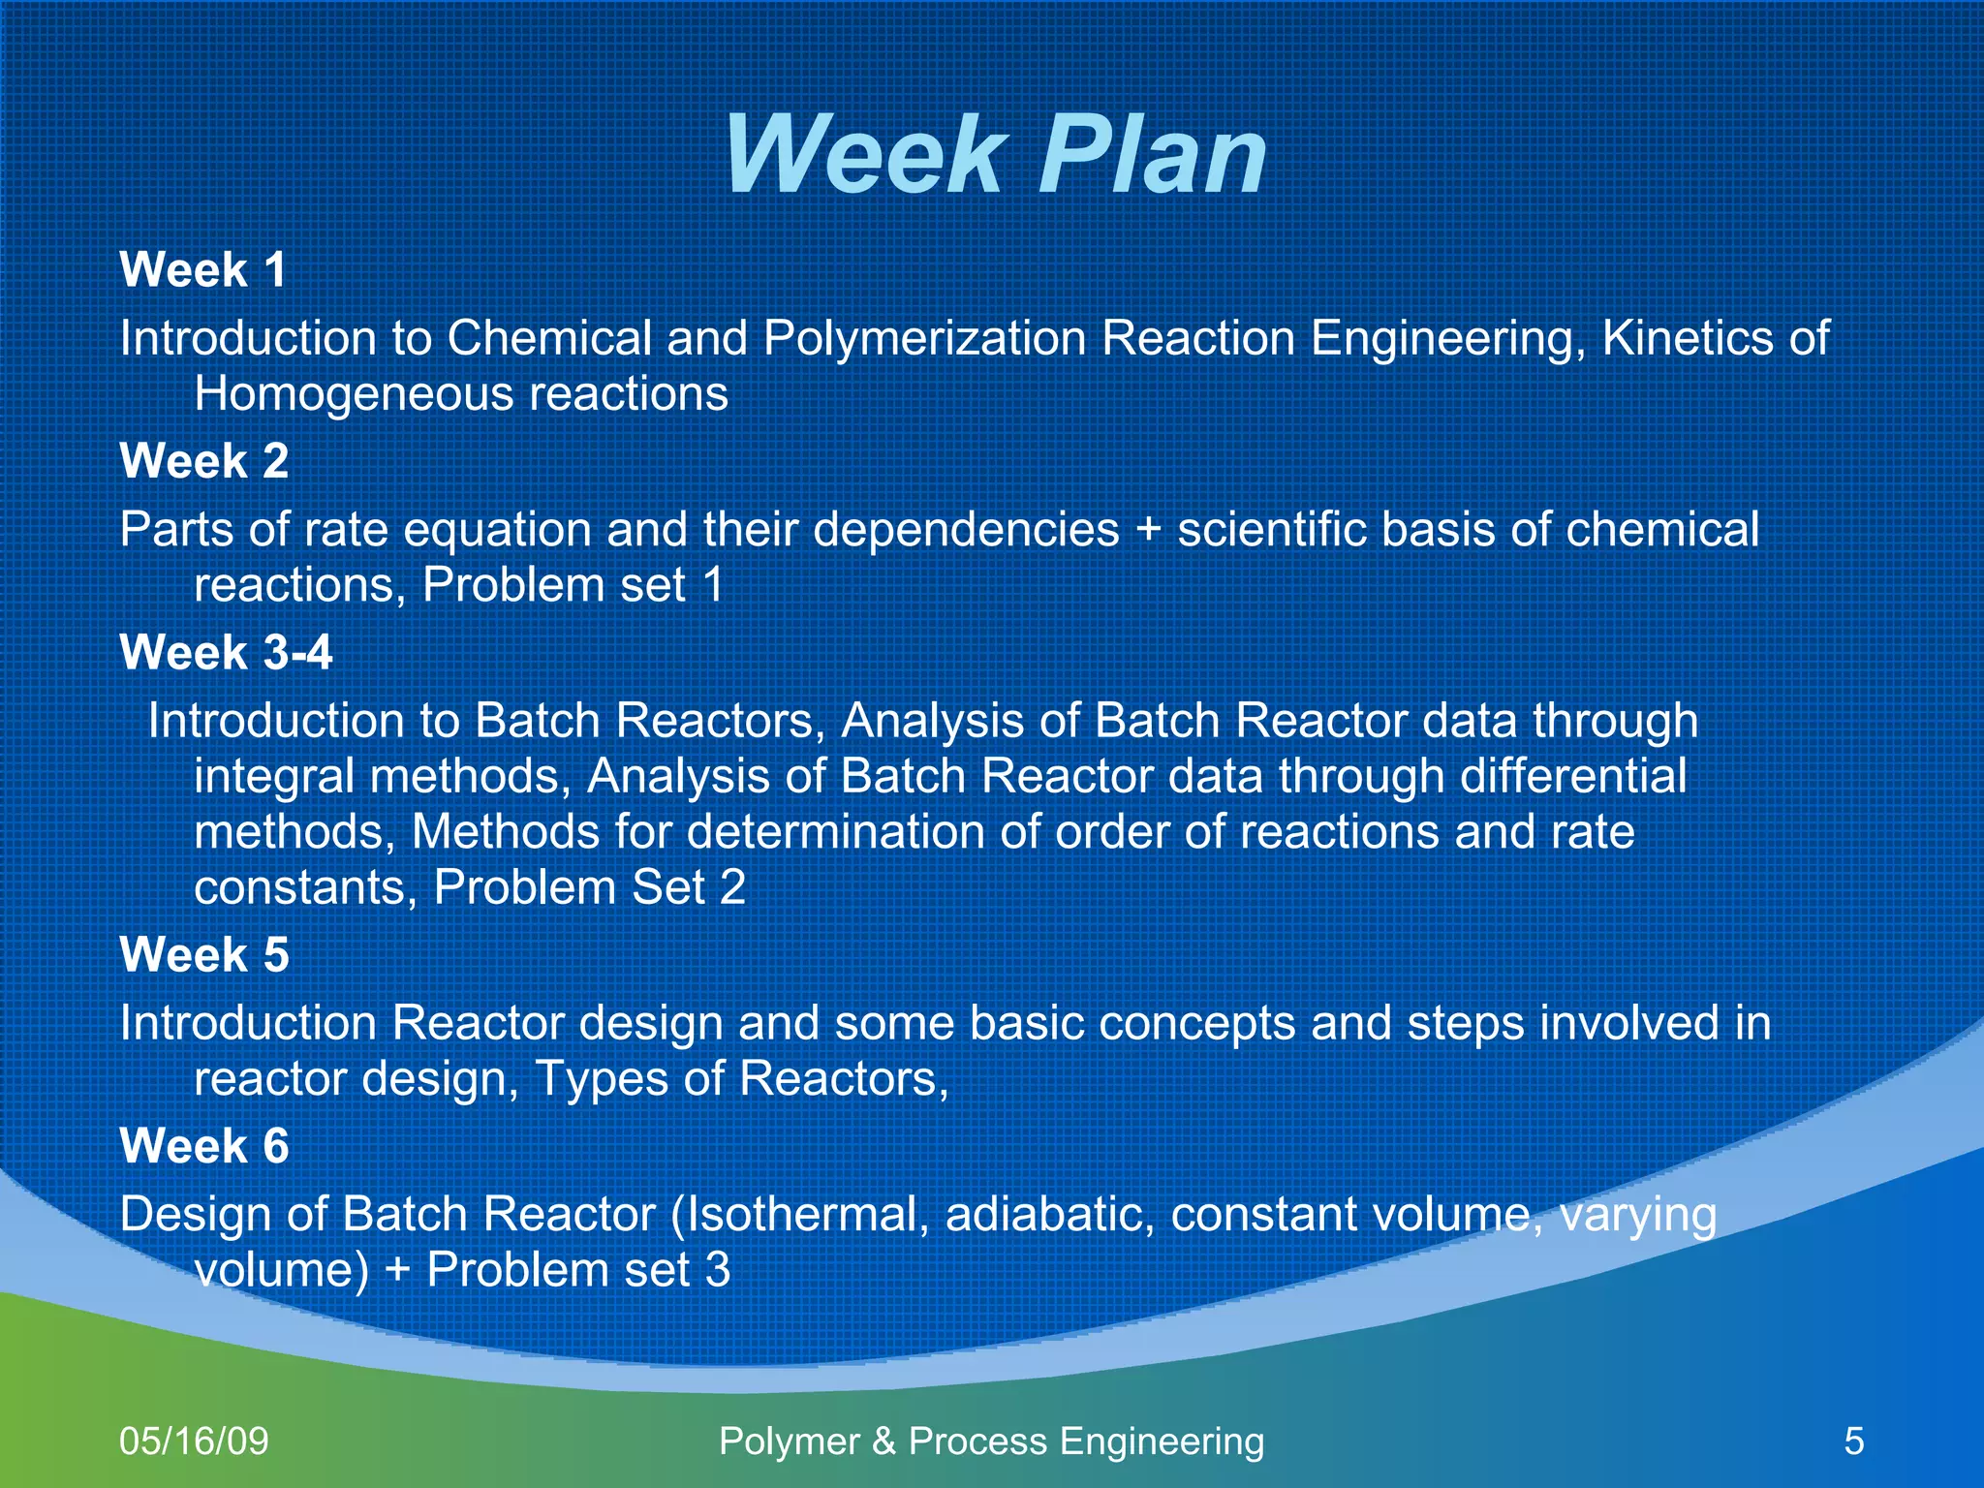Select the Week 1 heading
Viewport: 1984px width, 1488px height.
pyautogui.click(x=203, y=269)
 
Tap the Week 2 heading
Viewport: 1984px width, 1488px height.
pyautogui.click(x=203, y=460)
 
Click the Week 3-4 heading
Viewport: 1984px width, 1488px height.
pyautogui.click(x=226, y=652)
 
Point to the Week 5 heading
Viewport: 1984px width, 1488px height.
pyautogui.click(x=203, y=954)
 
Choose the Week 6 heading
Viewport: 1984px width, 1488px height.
pyautogui.click(x=203, y=1146)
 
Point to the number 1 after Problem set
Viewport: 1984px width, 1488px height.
pyautogui.click(x=713, y=585)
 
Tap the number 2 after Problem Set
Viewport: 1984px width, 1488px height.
pyautogui.click(x=732, y=887)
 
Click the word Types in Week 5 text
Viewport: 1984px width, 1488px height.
pyautogui.click(x=602, y=1079)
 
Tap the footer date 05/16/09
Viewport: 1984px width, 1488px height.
pyautogui.click(x=194, y=1441)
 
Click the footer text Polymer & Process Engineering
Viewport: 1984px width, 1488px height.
pyautogui.click(x=991, y=1441)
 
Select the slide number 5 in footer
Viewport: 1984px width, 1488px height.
pyautogui.click(x=1853, y=1441)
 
